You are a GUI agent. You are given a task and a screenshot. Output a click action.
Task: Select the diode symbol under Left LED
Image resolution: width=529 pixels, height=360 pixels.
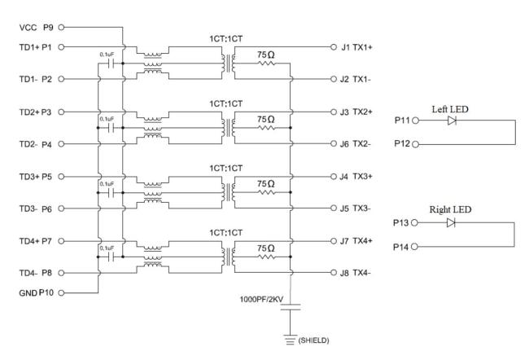(452, 121)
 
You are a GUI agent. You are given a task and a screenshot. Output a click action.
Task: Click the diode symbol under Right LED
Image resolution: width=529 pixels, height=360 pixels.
(452, 222)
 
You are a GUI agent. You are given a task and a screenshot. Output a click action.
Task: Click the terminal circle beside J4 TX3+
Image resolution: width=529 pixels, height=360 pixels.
(334, 176)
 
